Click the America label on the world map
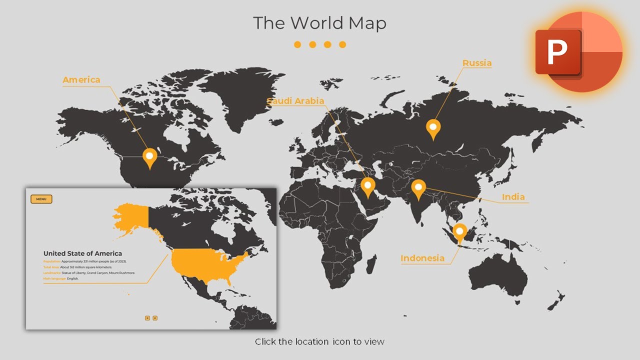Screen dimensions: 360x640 click(x=81, y=80)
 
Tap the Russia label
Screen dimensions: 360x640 click(x=476, y=63)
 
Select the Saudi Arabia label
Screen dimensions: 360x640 click(x=295, y=101)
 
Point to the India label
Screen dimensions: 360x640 click(x=513, y=197)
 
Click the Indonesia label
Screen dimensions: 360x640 click(x=422, y=258)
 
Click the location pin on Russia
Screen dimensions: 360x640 click(x=433, y=128)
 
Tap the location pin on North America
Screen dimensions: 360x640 click(x=149, y=157)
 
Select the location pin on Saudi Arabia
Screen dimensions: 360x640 click(x=368, y=186)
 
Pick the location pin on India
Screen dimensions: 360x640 click(x=418, y=188)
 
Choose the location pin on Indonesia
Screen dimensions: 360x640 click(x=459, y=232)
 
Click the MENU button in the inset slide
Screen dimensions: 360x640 click(x=41, y=199)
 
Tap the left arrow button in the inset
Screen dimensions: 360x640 click(x=147, y=318)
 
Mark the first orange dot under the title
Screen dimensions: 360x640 click(x=297, y=44)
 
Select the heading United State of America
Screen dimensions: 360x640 click(x=82, y=253)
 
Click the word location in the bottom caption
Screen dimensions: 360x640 click(x=311, y=342)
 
